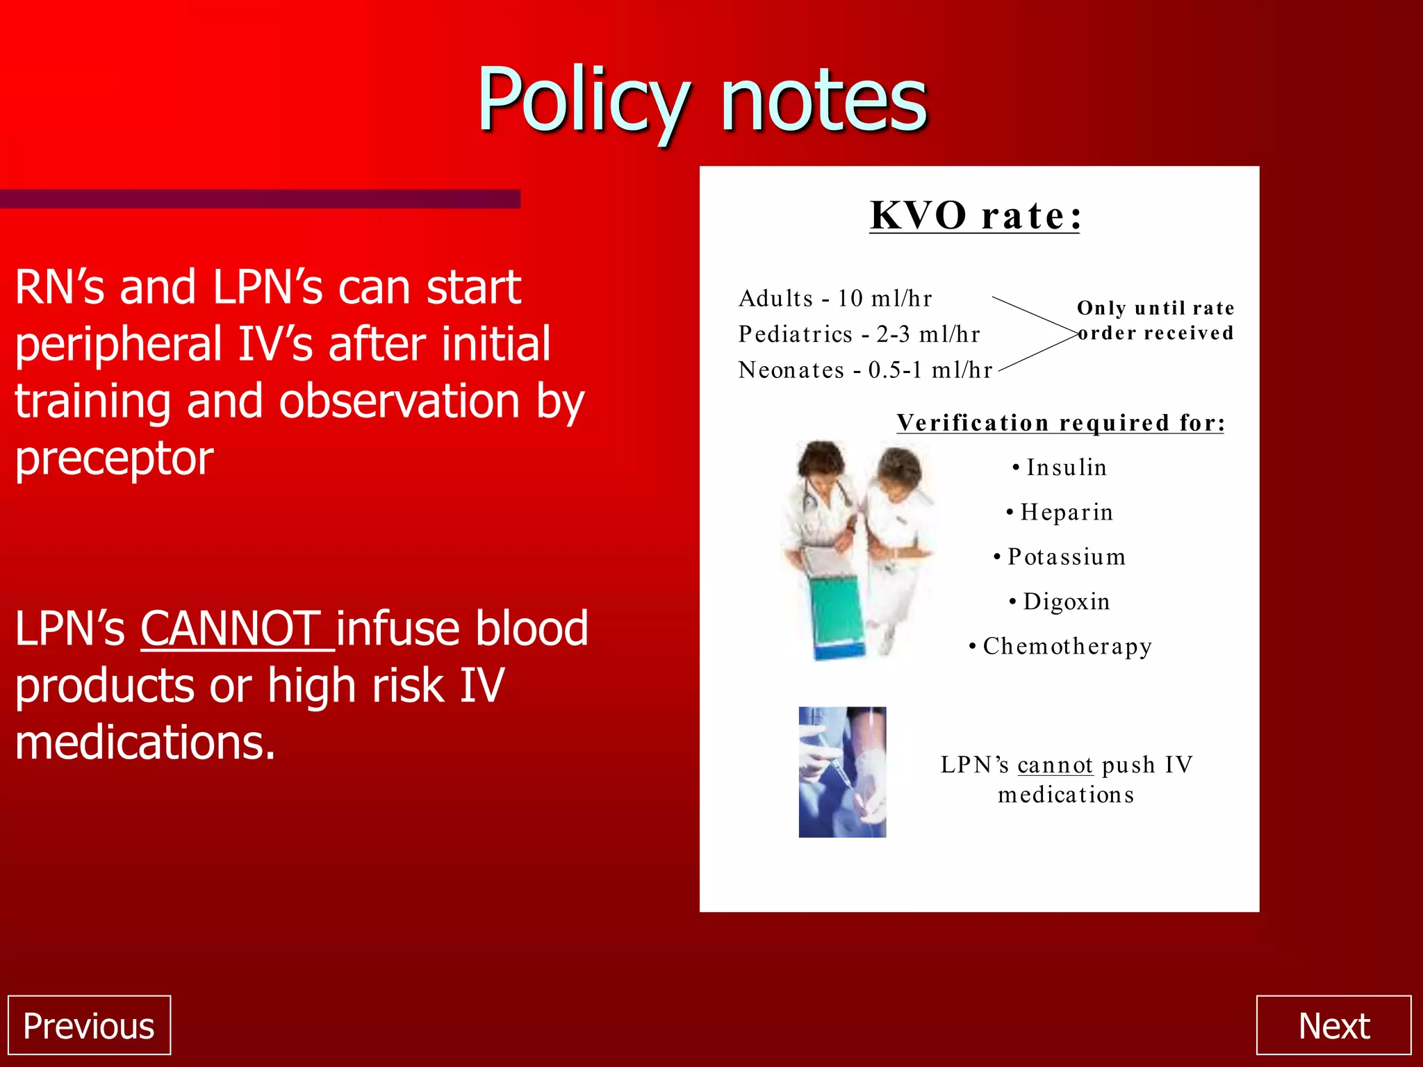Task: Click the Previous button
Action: (x=89, y=1026)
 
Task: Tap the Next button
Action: (x=1333, y=1026)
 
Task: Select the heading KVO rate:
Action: (x=975, y=215)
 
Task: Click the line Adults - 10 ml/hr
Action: (x=835, y=299)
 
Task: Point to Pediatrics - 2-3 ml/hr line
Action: (x=859, y=334)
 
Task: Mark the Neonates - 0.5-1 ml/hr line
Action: (x=865, y=370)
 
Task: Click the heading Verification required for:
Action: (x=1060, y=422)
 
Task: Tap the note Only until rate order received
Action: (x=1155, y=320)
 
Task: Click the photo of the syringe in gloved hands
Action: (x=842, y=772)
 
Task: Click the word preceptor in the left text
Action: (x=115, y=458)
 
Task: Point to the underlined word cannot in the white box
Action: (x=1055, y=765)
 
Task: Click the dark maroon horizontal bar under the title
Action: (x=260, y=199)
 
